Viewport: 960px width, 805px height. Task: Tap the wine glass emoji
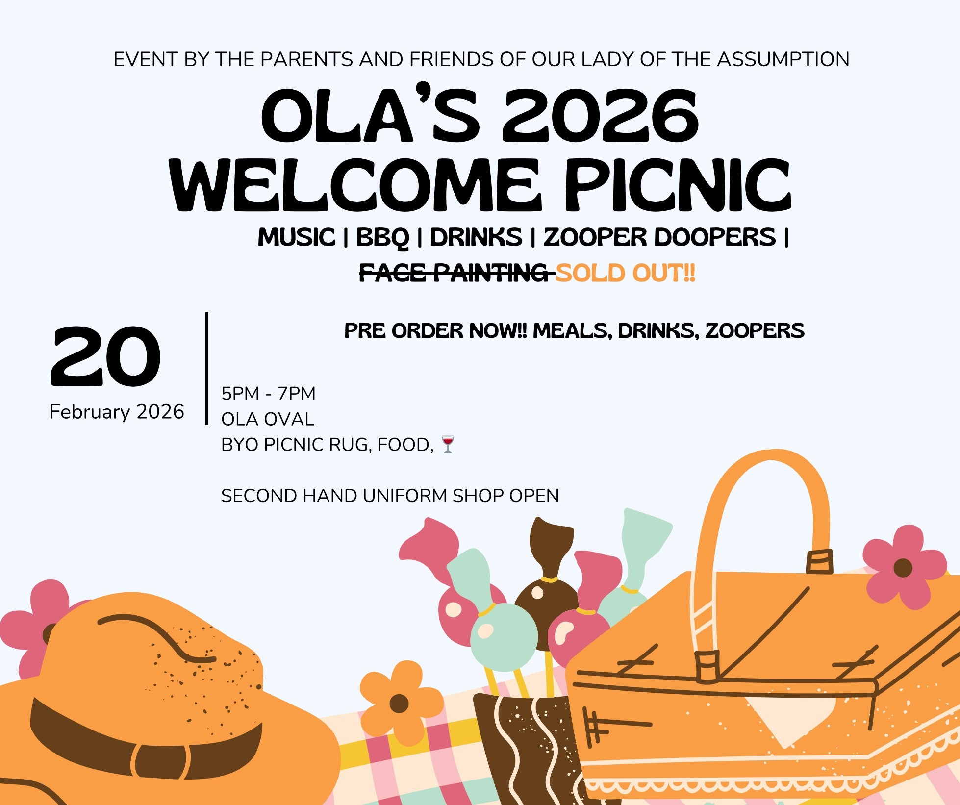tap(448, 444)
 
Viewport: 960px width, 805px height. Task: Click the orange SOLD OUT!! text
tap(626, 273)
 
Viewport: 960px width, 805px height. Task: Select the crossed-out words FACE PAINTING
tap(454, 273)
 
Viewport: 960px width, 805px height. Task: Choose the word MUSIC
tap(296, 237)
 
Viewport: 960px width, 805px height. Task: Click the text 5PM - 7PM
tap(268, 394)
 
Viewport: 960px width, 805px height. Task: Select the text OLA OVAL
tap(268, 419)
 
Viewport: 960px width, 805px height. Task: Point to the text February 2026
tap(117, 412)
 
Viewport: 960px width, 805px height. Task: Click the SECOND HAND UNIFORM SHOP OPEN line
tap(390, 496)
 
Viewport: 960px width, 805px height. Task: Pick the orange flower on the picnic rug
tap(400, 703)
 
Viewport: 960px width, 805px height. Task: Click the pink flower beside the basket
tap(904, 567)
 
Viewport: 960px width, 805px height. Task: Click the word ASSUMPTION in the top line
tap(783, 59)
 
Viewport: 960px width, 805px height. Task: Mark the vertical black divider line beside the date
tap(207, 369)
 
